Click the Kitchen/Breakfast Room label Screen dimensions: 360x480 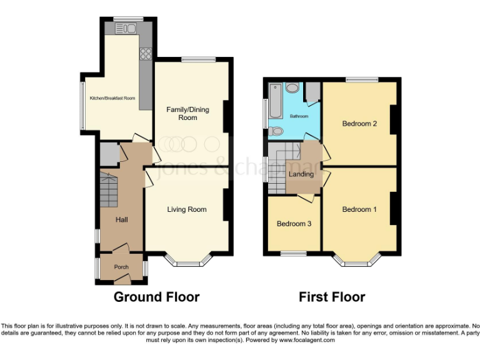[x=112, y=98]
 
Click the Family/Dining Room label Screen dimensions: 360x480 [x=187, y=113]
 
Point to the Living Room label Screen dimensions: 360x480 [x=186, y=209]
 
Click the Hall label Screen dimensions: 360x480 [x=121, y=220]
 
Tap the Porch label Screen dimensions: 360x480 [x=121, y=267]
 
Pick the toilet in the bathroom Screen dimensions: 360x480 [x=276, y=131]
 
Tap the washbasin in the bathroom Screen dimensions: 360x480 [x=292, y=88]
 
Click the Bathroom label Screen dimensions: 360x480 [x=299, y=116]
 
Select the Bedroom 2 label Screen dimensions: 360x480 [x=359, y=124]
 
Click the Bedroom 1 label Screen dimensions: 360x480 [x=359, y=209]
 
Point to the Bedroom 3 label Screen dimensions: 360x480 [x=294, y=224]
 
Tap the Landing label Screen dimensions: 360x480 [x=301, y=174]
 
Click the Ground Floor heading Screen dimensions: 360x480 [x=156, y=297]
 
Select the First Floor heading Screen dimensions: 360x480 [x=332, y=297]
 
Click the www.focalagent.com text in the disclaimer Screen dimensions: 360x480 [x=306, y=340]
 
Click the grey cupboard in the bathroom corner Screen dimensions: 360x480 [x=312, y=92]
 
